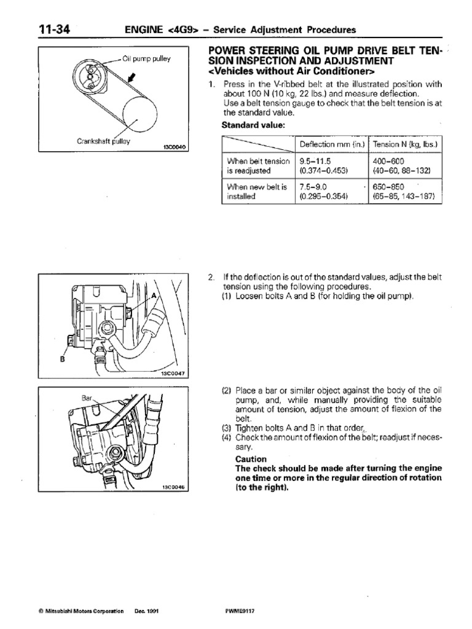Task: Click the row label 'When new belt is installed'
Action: coord(257,191)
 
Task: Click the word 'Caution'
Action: coord(251,459)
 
